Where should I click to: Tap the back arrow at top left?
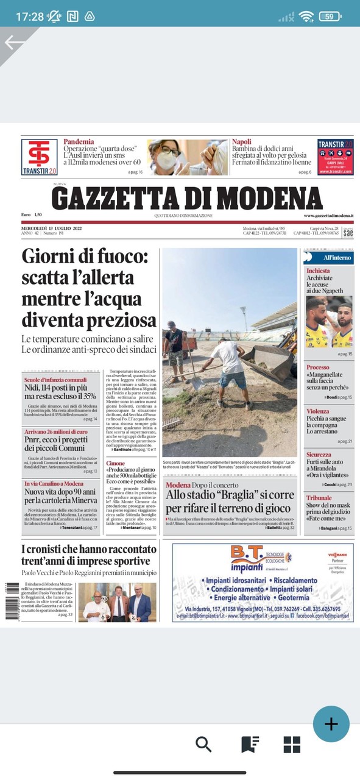click(x=15, y=42)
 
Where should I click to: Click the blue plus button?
click(x=331, y=724)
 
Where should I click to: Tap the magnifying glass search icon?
click(x=203, y=744)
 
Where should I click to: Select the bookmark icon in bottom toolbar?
click(x=250, y=744)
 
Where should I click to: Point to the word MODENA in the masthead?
click(x=269, y=199)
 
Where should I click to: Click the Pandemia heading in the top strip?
click(x=79, y=142)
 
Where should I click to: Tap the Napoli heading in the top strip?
click(x=241, y=142)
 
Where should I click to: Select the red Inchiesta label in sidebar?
click(x=318, y=271)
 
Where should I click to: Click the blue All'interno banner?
click(x=329, y=258)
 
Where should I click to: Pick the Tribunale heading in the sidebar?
click(x=319, y=498)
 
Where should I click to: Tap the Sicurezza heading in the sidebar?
click(x=319, y=455)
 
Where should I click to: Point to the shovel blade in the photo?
click(x=195, y=383)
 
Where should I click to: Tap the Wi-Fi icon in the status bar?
click(x=306, y=16)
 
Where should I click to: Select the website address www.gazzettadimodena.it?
click(x=329, y=216)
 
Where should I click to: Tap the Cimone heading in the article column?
click(x=116, y=464)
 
